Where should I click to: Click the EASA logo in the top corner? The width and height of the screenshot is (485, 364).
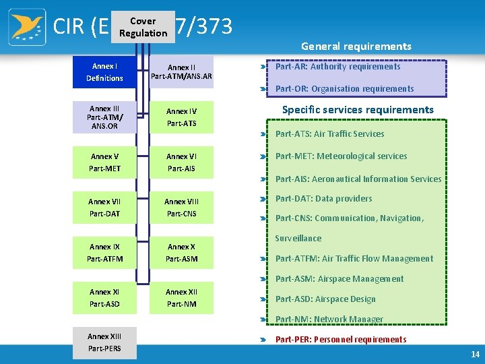(x=27, y=27)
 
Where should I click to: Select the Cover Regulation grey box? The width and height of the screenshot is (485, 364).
(x=143, y=27)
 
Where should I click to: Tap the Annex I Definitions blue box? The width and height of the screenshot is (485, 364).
(x=104, y=72)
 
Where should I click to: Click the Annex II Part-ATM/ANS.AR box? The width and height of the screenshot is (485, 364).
(x=181, y=72)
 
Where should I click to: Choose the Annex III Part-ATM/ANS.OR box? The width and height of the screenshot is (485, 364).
(x=104, y=117)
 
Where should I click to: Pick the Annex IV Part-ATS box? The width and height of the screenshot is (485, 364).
(x=181, y=117)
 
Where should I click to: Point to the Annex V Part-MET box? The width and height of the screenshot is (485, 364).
(x=104, y=162)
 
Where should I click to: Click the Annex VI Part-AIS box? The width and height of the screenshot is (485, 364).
(x=181, y=162)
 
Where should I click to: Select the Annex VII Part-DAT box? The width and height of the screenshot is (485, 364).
(x=104, y=208)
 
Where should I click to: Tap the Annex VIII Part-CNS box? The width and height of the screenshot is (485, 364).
(x=181, y=208)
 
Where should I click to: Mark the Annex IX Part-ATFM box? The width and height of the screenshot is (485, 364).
(x=104, y=253)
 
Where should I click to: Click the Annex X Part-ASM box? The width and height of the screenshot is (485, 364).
(x=181, y=253)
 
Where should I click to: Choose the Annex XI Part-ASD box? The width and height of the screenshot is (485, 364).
(x=104, y=298)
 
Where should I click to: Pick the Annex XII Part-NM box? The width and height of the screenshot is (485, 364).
(x=181, y=298)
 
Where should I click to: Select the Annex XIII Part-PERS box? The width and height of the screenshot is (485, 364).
(x=104, y=342)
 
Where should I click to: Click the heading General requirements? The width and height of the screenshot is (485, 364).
(x=356, y=47)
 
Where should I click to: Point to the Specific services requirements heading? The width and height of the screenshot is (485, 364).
(x=358, y=109)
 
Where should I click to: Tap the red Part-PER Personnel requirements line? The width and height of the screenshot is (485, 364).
(x=340, y=340)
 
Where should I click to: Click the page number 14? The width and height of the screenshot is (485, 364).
(x=476, y=354)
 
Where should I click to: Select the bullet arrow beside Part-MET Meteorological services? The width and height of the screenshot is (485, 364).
(x=264, y=157)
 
